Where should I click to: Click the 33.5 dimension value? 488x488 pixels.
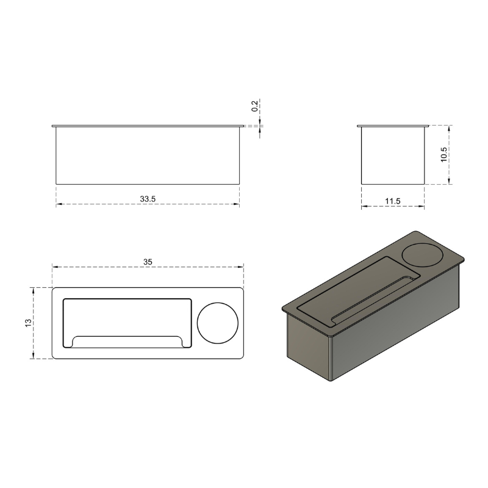coord(148,199)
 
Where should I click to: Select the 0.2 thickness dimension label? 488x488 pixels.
coord(255,106)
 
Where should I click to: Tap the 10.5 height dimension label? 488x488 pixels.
coord(444,154)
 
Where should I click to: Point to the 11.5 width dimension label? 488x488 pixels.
coord(392,201)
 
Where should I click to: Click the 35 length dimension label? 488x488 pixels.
coord(148,262)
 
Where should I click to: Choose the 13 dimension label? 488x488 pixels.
coord(28,323)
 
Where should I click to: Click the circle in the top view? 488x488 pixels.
coord(218,323)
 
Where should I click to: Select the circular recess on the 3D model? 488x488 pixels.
coord(422,254)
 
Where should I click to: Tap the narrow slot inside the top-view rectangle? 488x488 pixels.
coord(127,342)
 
